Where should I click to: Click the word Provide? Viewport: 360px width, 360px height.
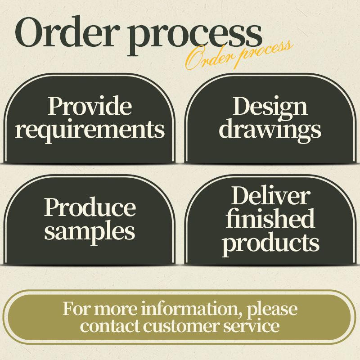(90, 106)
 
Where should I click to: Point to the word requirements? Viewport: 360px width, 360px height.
(90, 130)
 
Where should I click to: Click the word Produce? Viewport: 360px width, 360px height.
(90, 208)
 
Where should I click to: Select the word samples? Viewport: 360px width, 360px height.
(90, 231)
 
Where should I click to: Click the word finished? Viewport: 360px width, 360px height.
(270, 219)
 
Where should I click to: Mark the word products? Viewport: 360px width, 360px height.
(270, 243)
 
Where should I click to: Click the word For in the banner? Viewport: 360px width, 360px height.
(74, 310)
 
